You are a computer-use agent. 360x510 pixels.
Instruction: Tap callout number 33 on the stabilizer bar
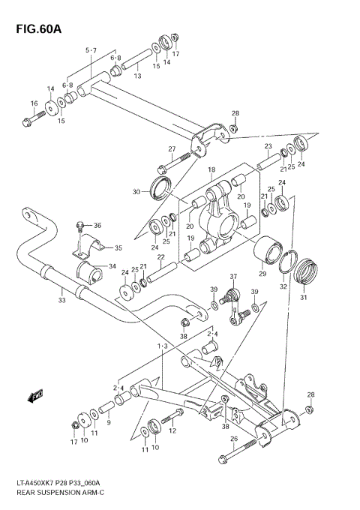[x=62, y=300]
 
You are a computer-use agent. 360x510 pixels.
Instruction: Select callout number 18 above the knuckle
[x=211, y=169]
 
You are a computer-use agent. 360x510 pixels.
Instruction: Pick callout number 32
[x=283, y=286]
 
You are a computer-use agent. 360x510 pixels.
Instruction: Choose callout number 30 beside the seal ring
[x=136, y=192]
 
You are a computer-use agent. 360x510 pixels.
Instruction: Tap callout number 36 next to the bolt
[x=97, y=225]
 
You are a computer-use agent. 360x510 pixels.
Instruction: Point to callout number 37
[x=233, y=277]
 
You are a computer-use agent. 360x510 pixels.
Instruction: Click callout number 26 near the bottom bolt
[x=233, y=439]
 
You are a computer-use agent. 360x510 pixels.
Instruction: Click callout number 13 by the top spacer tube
[x=138, y=76]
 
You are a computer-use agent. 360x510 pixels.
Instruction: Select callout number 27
[x=171, y=148]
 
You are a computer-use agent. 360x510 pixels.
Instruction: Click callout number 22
[x=160, y=257]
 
